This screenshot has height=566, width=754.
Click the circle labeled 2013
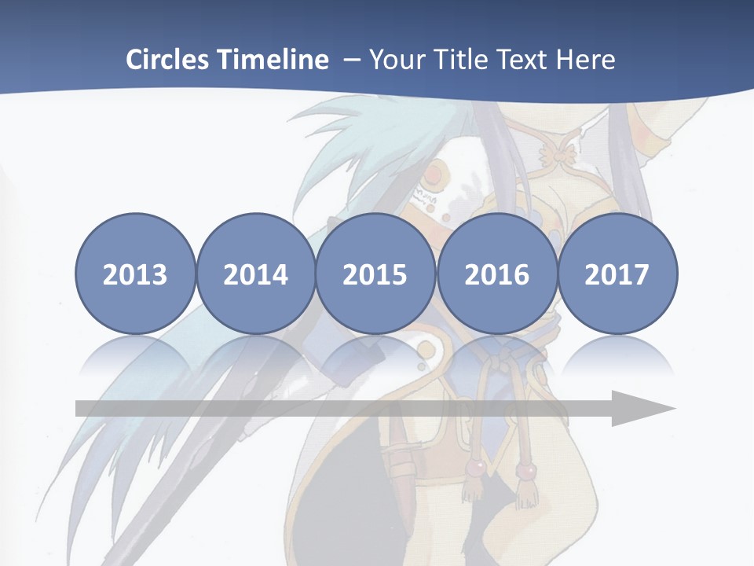(135, 274)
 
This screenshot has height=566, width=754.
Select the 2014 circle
(255, 274)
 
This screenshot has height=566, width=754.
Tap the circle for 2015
(375, 274)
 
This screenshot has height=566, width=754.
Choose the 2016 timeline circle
(496, 274)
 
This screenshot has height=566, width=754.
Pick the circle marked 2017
(617, 274)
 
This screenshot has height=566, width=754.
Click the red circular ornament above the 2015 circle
(436, 172)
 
